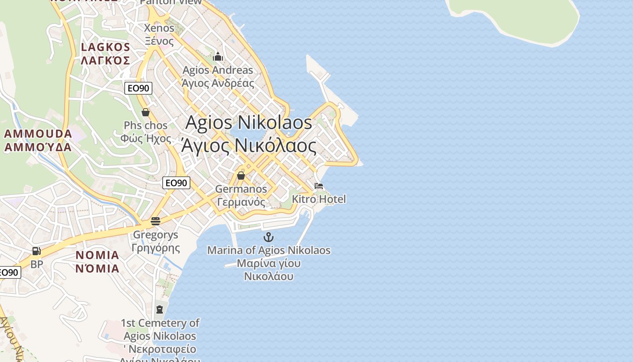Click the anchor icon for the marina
point(269,237)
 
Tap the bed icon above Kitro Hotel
point(319,186)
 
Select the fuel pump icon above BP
point(36,251)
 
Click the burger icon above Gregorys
point(156,221)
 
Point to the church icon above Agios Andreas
point(218,57)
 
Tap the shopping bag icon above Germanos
point(241,176)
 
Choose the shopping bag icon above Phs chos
point(146,112)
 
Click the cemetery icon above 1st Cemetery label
point(159,310)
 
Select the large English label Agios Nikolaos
point(249,123)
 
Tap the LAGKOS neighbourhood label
point(105,47)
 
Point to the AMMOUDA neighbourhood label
point(38,134)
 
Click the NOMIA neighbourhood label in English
point(97,255)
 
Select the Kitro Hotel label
point(319,199)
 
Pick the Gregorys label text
point(156,235)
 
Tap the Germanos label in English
point(241,189)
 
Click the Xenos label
point(159,28)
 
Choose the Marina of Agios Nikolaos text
point(269,250)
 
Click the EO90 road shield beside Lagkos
point(138,88)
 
